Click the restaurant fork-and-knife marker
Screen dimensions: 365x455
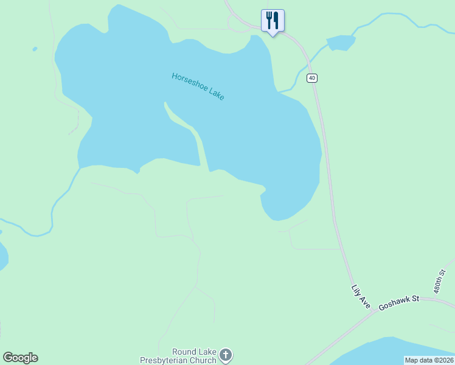click(273, 21)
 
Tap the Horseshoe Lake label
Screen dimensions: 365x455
click(198, 86)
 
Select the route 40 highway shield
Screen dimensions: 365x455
click(311, 78)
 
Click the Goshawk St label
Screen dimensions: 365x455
click(400, 302)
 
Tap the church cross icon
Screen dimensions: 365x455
click(226, 355)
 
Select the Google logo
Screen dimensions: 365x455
click(20, 358)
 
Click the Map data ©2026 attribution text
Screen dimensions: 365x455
click(429, 360)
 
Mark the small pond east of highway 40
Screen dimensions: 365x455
click(341, 43)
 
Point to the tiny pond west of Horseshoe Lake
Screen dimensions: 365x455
click(35, 49)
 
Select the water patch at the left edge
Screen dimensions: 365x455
click(3, 255)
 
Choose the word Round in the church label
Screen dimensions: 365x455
click(183, 352)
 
